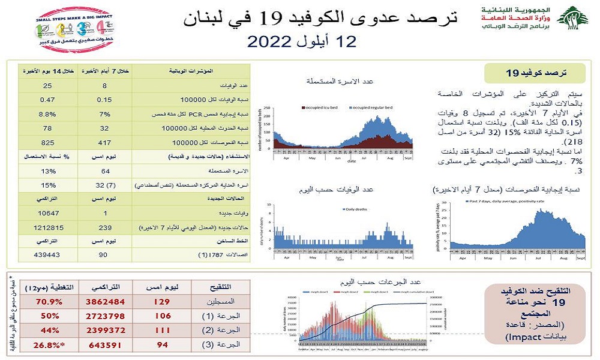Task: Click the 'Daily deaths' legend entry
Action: [x=357, y=209]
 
